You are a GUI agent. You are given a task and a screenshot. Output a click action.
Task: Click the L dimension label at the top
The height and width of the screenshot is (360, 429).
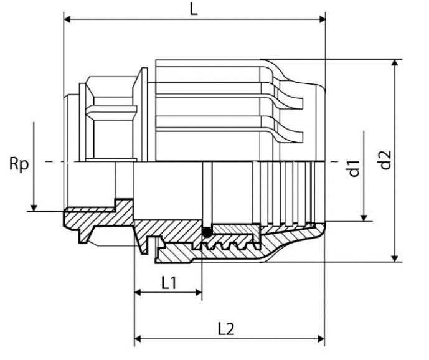coord(194,9)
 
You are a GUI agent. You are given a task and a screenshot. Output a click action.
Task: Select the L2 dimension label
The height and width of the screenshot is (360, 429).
coord(226,329)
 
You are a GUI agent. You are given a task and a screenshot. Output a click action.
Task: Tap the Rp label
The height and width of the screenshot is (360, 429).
coord(19,164)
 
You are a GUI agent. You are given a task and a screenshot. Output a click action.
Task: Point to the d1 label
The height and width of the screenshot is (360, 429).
coord(354,168)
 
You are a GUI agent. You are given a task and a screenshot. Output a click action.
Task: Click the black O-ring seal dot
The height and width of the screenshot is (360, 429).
coord(207,233)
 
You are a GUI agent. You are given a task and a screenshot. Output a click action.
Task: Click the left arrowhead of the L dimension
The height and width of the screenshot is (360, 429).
coord(67,19)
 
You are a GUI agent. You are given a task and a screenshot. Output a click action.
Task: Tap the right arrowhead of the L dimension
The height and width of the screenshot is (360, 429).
coord(322,19)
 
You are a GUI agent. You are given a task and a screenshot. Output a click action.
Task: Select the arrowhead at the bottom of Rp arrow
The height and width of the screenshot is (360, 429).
coord(34,208)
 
